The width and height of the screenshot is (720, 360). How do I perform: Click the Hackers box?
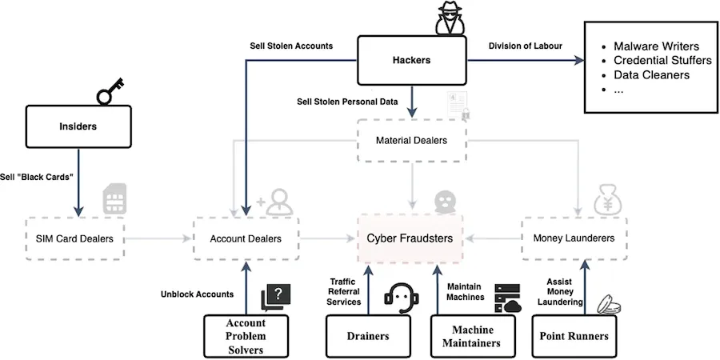click(x=410, y=61)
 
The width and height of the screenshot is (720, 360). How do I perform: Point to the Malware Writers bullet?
click(x=656, y=46)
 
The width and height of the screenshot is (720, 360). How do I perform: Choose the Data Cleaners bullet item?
click(x=651, y=75)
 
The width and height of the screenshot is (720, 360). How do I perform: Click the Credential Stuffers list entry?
click(x=662, y=61)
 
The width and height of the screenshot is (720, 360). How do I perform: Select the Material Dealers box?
click(x=410, y=142)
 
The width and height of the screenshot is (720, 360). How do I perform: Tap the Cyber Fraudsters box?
click(x=410, y=238)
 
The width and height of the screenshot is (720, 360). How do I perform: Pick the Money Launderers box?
click(x=574, y=238)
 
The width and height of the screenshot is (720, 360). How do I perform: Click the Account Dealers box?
click(x=245, y=238)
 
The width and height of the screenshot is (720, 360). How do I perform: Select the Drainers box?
click(x=368, y=336)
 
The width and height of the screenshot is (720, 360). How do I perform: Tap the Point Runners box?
click(x=574, y=336)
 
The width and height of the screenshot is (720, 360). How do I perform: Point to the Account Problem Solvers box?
click(x=245, y=336)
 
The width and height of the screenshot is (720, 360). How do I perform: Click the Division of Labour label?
click(x=526, y=46)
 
